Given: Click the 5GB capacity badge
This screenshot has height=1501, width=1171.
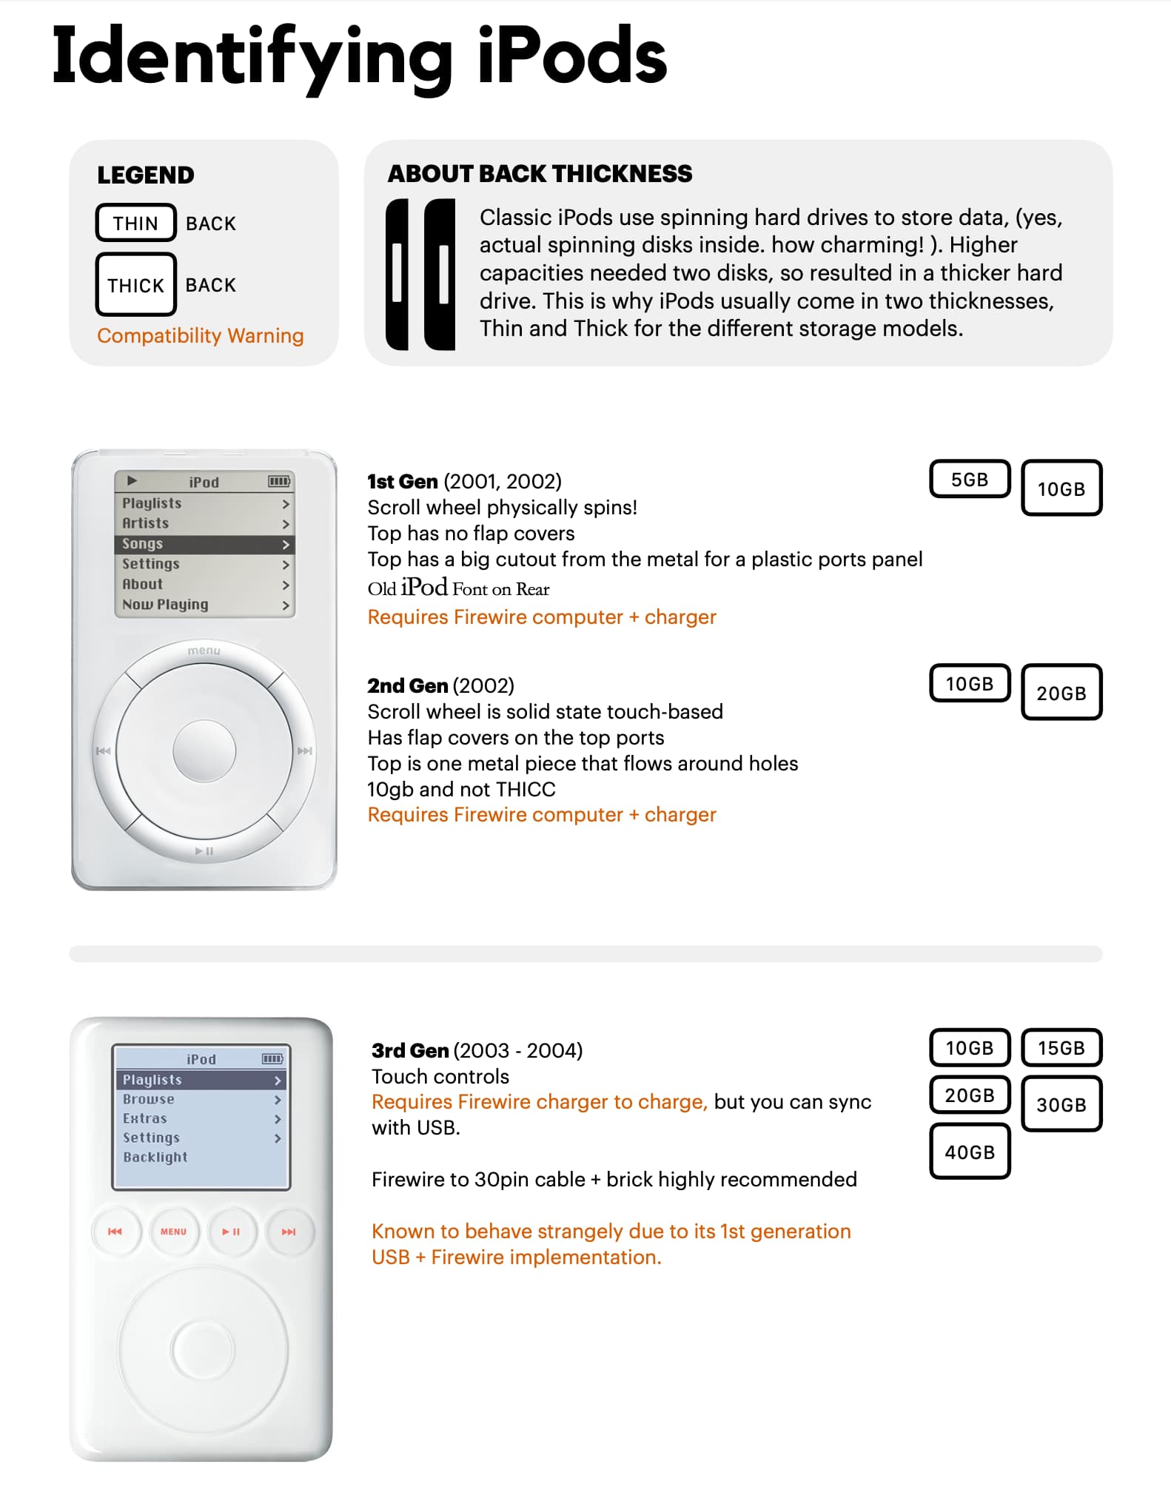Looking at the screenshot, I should [x=969, y=480].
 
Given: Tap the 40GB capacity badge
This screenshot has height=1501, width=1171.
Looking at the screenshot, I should [x=969, y=1152].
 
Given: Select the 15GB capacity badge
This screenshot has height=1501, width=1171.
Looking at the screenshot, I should [x=1061, y=1048].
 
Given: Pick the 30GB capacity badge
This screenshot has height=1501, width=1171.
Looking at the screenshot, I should [x=1061, y=1104].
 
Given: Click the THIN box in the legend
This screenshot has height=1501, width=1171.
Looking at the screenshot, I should [x=135, y=223].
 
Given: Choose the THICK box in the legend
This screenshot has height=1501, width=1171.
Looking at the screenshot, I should [x=135, y=285].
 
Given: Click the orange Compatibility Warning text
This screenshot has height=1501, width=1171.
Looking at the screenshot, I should [x=200, y=336].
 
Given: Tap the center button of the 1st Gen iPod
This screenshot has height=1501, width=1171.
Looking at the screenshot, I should [x=204, y=751].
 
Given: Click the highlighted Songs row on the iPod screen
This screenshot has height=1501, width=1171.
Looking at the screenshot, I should [x=204, y=544].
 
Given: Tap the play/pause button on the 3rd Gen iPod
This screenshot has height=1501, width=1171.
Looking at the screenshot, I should [x=231, y=1232].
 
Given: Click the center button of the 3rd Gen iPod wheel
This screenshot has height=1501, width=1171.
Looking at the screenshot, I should [x=202, y=1350].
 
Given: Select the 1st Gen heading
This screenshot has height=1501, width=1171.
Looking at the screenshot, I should [x=403, y=482].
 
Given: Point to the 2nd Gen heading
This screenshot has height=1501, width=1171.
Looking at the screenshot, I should [x=407, y=686].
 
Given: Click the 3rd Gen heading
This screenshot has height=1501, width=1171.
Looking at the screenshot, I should [x=410, y=1051].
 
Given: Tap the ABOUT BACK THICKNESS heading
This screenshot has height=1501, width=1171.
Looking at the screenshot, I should [x=540, y=174].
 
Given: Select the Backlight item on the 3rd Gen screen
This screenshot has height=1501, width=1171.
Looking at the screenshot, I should [x=155, y=1157].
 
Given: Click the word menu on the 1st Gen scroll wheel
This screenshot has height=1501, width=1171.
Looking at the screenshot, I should [x=204, y=651].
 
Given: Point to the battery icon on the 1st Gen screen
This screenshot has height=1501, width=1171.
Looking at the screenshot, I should [x=278, y=482].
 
